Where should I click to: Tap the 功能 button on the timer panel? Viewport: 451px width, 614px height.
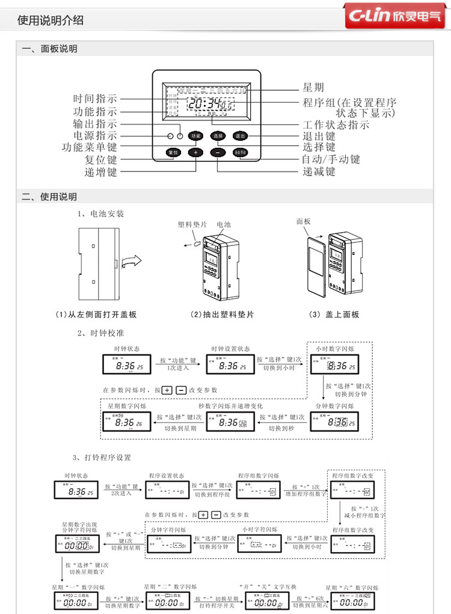[x=195, y=135]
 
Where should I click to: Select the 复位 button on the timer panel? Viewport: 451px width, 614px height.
[x=174, y=152]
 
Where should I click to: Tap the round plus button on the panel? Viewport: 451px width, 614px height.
[x=195, y=152]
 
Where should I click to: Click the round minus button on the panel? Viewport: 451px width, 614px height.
[x=218, y=152]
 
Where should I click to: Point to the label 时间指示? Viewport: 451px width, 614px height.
[x=95, y=99]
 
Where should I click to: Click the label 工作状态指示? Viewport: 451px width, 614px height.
[x=336, y=125]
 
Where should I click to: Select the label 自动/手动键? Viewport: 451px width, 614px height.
[x=331, y=159]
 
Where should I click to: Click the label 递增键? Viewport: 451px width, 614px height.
[x=100, y=172]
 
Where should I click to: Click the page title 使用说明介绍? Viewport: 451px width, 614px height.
[x=51, y=20]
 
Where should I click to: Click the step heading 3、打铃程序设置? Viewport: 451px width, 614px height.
[x=102, y=458]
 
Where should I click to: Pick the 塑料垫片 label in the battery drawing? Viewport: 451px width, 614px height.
[x=192, y=224]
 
